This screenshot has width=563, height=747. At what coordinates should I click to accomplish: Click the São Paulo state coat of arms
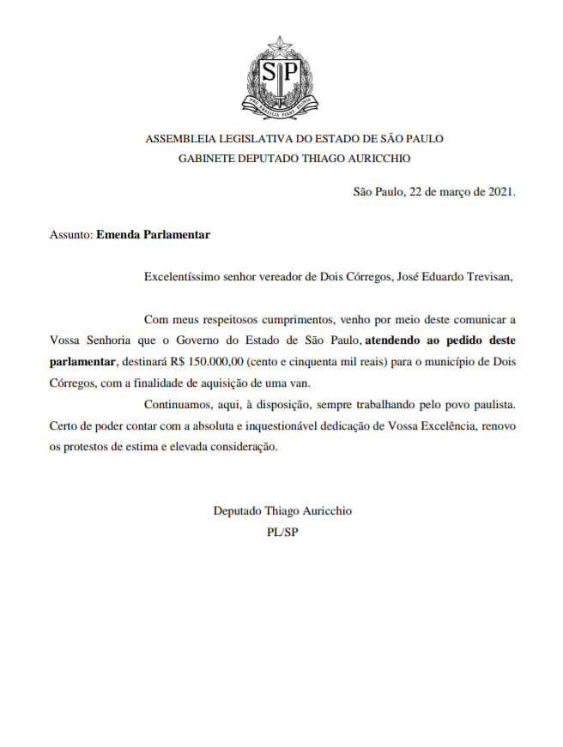click(281, 79)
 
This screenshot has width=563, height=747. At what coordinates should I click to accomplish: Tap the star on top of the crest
click(281, 45)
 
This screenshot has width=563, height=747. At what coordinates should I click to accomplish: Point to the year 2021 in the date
click(499, 191)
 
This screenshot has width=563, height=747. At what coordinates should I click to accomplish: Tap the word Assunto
click(70, 233)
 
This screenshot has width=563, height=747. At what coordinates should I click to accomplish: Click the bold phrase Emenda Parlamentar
click(153, 233)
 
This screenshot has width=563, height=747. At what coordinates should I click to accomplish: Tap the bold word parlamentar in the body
click(82, 362)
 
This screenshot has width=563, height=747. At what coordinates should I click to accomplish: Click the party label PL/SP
click(282, 532)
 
